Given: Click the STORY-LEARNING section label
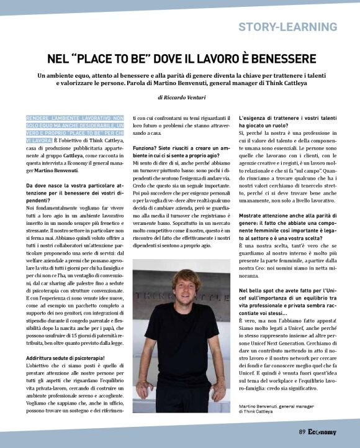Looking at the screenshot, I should click(287, 27).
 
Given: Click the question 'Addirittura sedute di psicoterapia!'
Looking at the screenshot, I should click(66, 358).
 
